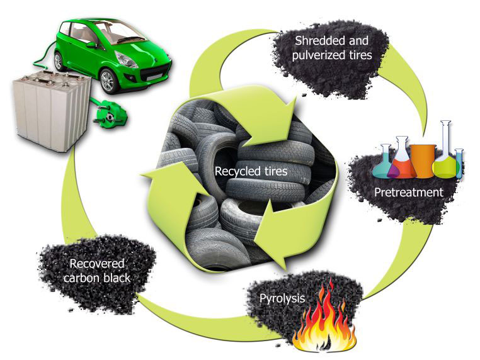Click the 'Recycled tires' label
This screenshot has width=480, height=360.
[x=243, y=171]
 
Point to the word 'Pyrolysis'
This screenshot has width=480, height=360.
[x=282, y=298]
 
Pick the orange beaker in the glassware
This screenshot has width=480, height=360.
[x=423, y=160]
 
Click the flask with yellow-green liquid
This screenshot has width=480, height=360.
[x=446, y=157]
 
